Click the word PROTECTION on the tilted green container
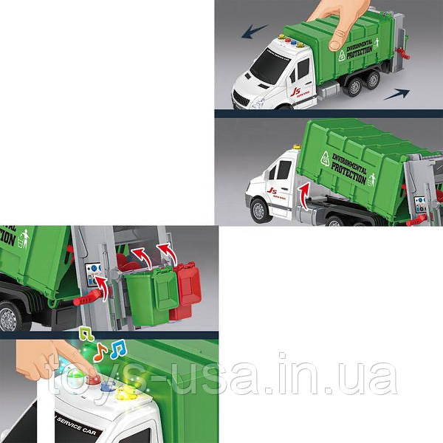348,172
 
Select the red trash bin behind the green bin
188,289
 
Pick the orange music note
100,349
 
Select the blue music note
117,348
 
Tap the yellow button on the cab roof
130,390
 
